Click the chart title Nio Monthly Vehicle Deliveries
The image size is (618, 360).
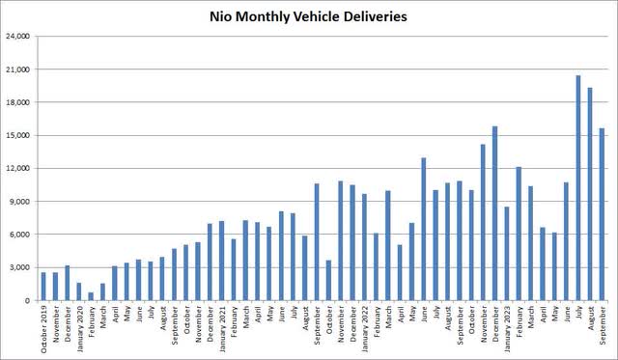coord(308,16)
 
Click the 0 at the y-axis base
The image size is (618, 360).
coord(29,300)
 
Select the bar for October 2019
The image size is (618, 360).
coord(43,286)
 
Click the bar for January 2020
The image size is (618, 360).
coord(79,291)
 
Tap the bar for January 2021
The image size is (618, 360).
coord(221,261)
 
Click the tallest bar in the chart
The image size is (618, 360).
coord(577,187)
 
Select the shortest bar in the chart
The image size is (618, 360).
coord(91,296)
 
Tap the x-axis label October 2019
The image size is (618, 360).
coord(44,330)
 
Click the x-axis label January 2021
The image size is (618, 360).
coord(222,330)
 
